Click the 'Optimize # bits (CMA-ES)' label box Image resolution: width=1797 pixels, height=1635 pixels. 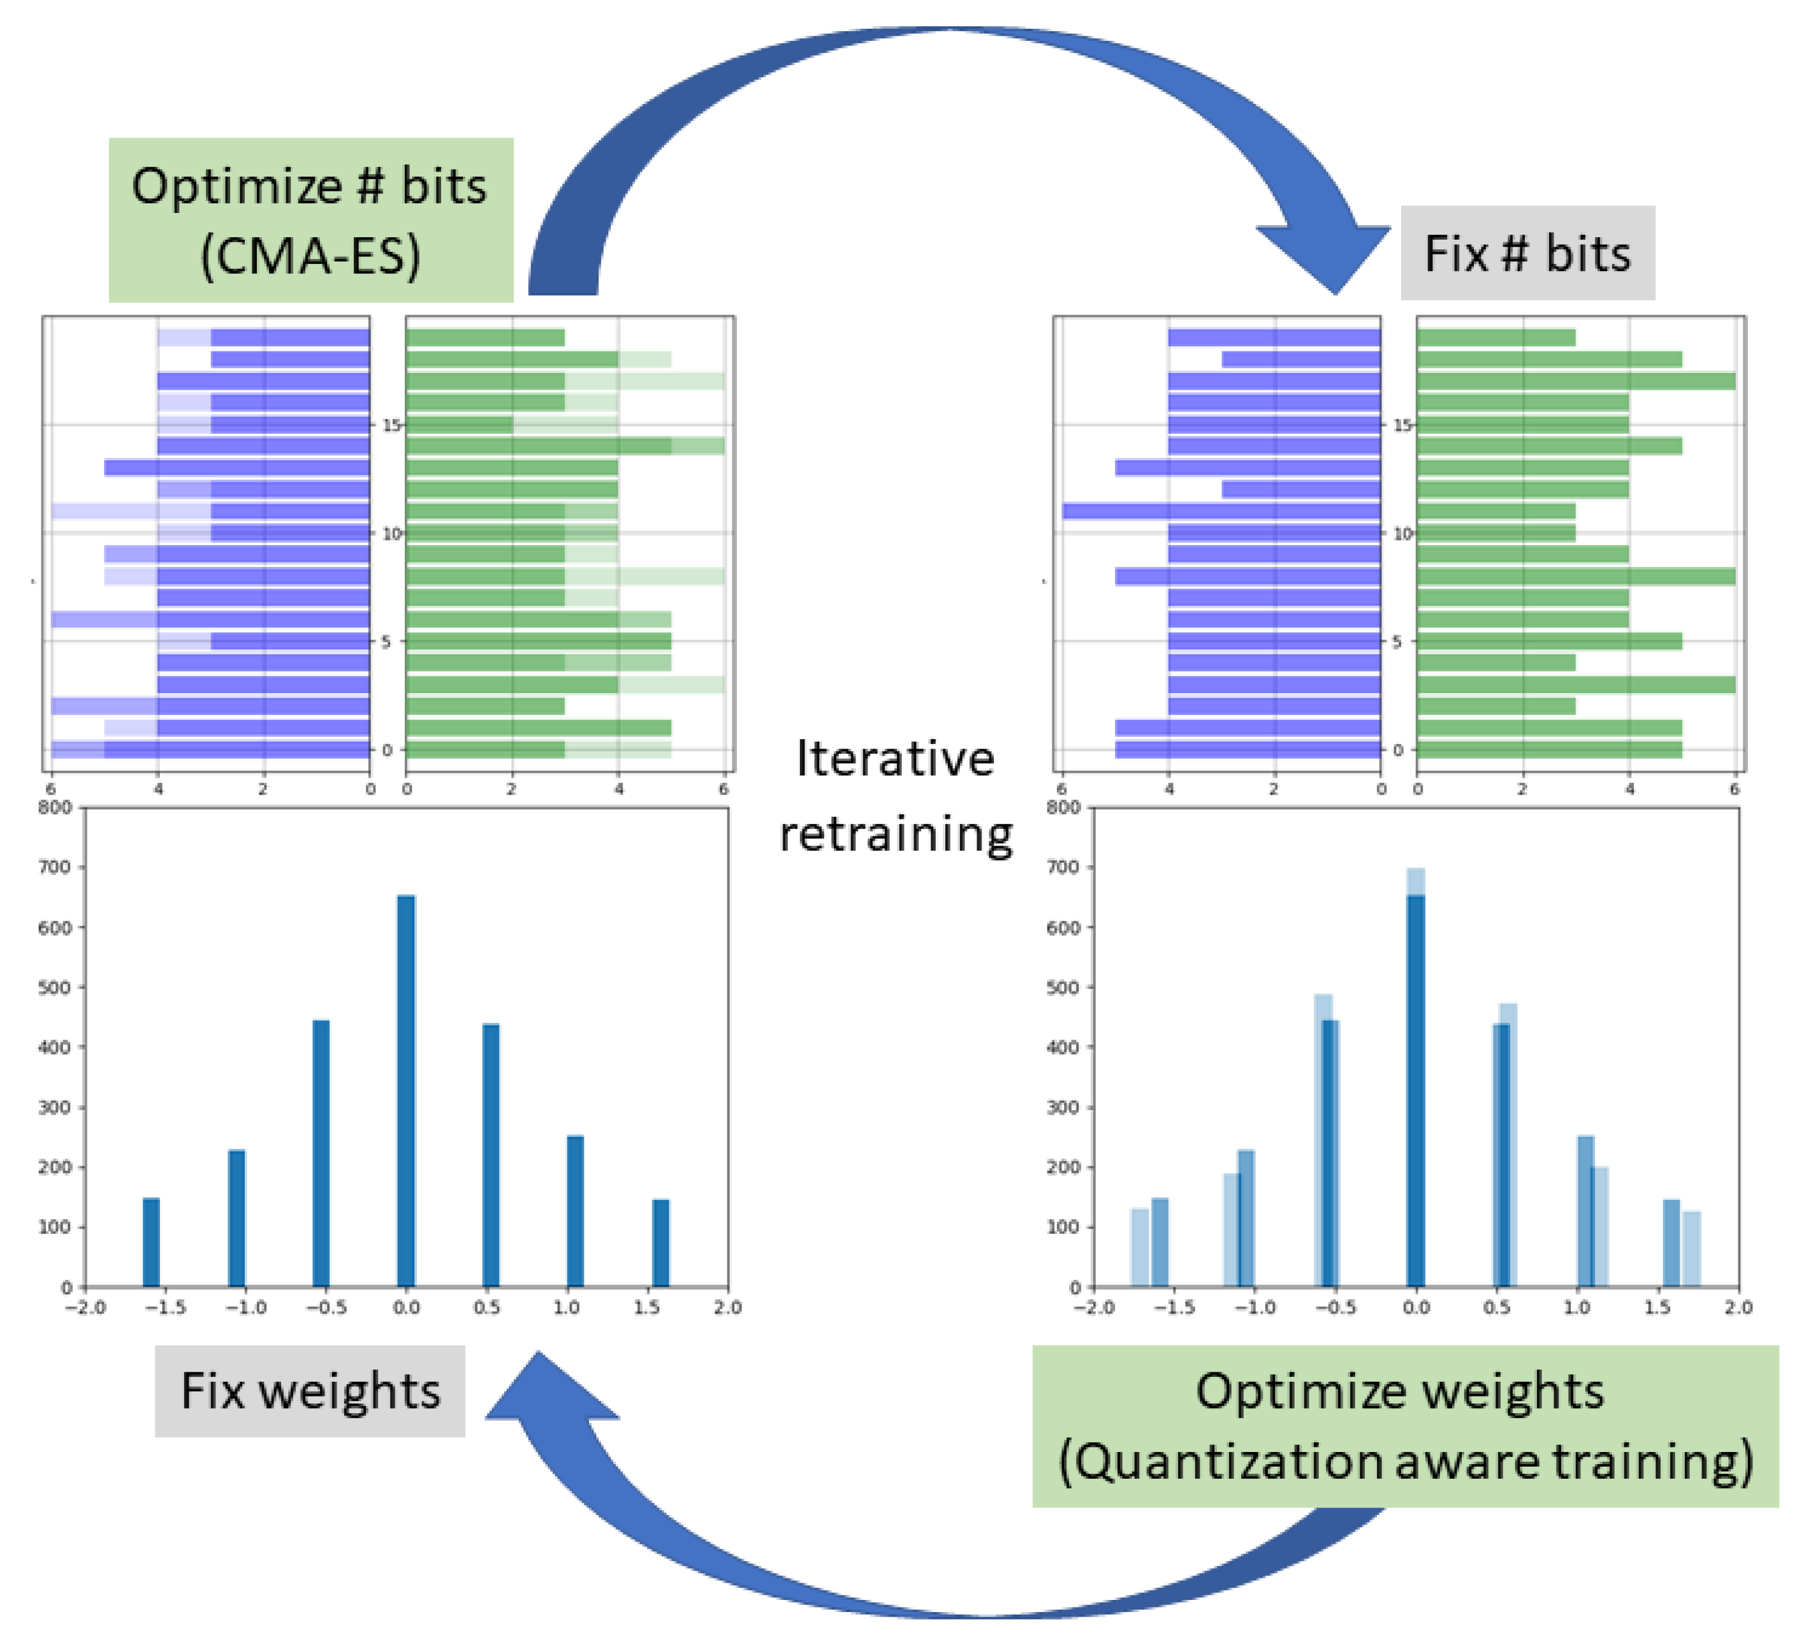click(x=310, y=219)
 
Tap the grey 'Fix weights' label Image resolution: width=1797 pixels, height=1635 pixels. click(x=310, y=1391)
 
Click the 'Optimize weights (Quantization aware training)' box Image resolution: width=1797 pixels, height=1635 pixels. click(x=1405, y=1426)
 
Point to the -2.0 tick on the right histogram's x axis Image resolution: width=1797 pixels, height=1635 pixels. click(x=1094, y=1307)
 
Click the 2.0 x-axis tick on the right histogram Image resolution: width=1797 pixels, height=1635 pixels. click(x=1737, y=1307)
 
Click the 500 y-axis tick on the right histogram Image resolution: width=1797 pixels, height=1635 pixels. click(x=1063, y=987)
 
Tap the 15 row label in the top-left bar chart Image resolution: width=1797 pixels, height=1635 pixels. click(x=389, y=425)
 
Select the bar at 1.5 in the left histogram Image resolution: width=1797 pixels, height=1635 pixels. click(x=660, y=1243)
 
